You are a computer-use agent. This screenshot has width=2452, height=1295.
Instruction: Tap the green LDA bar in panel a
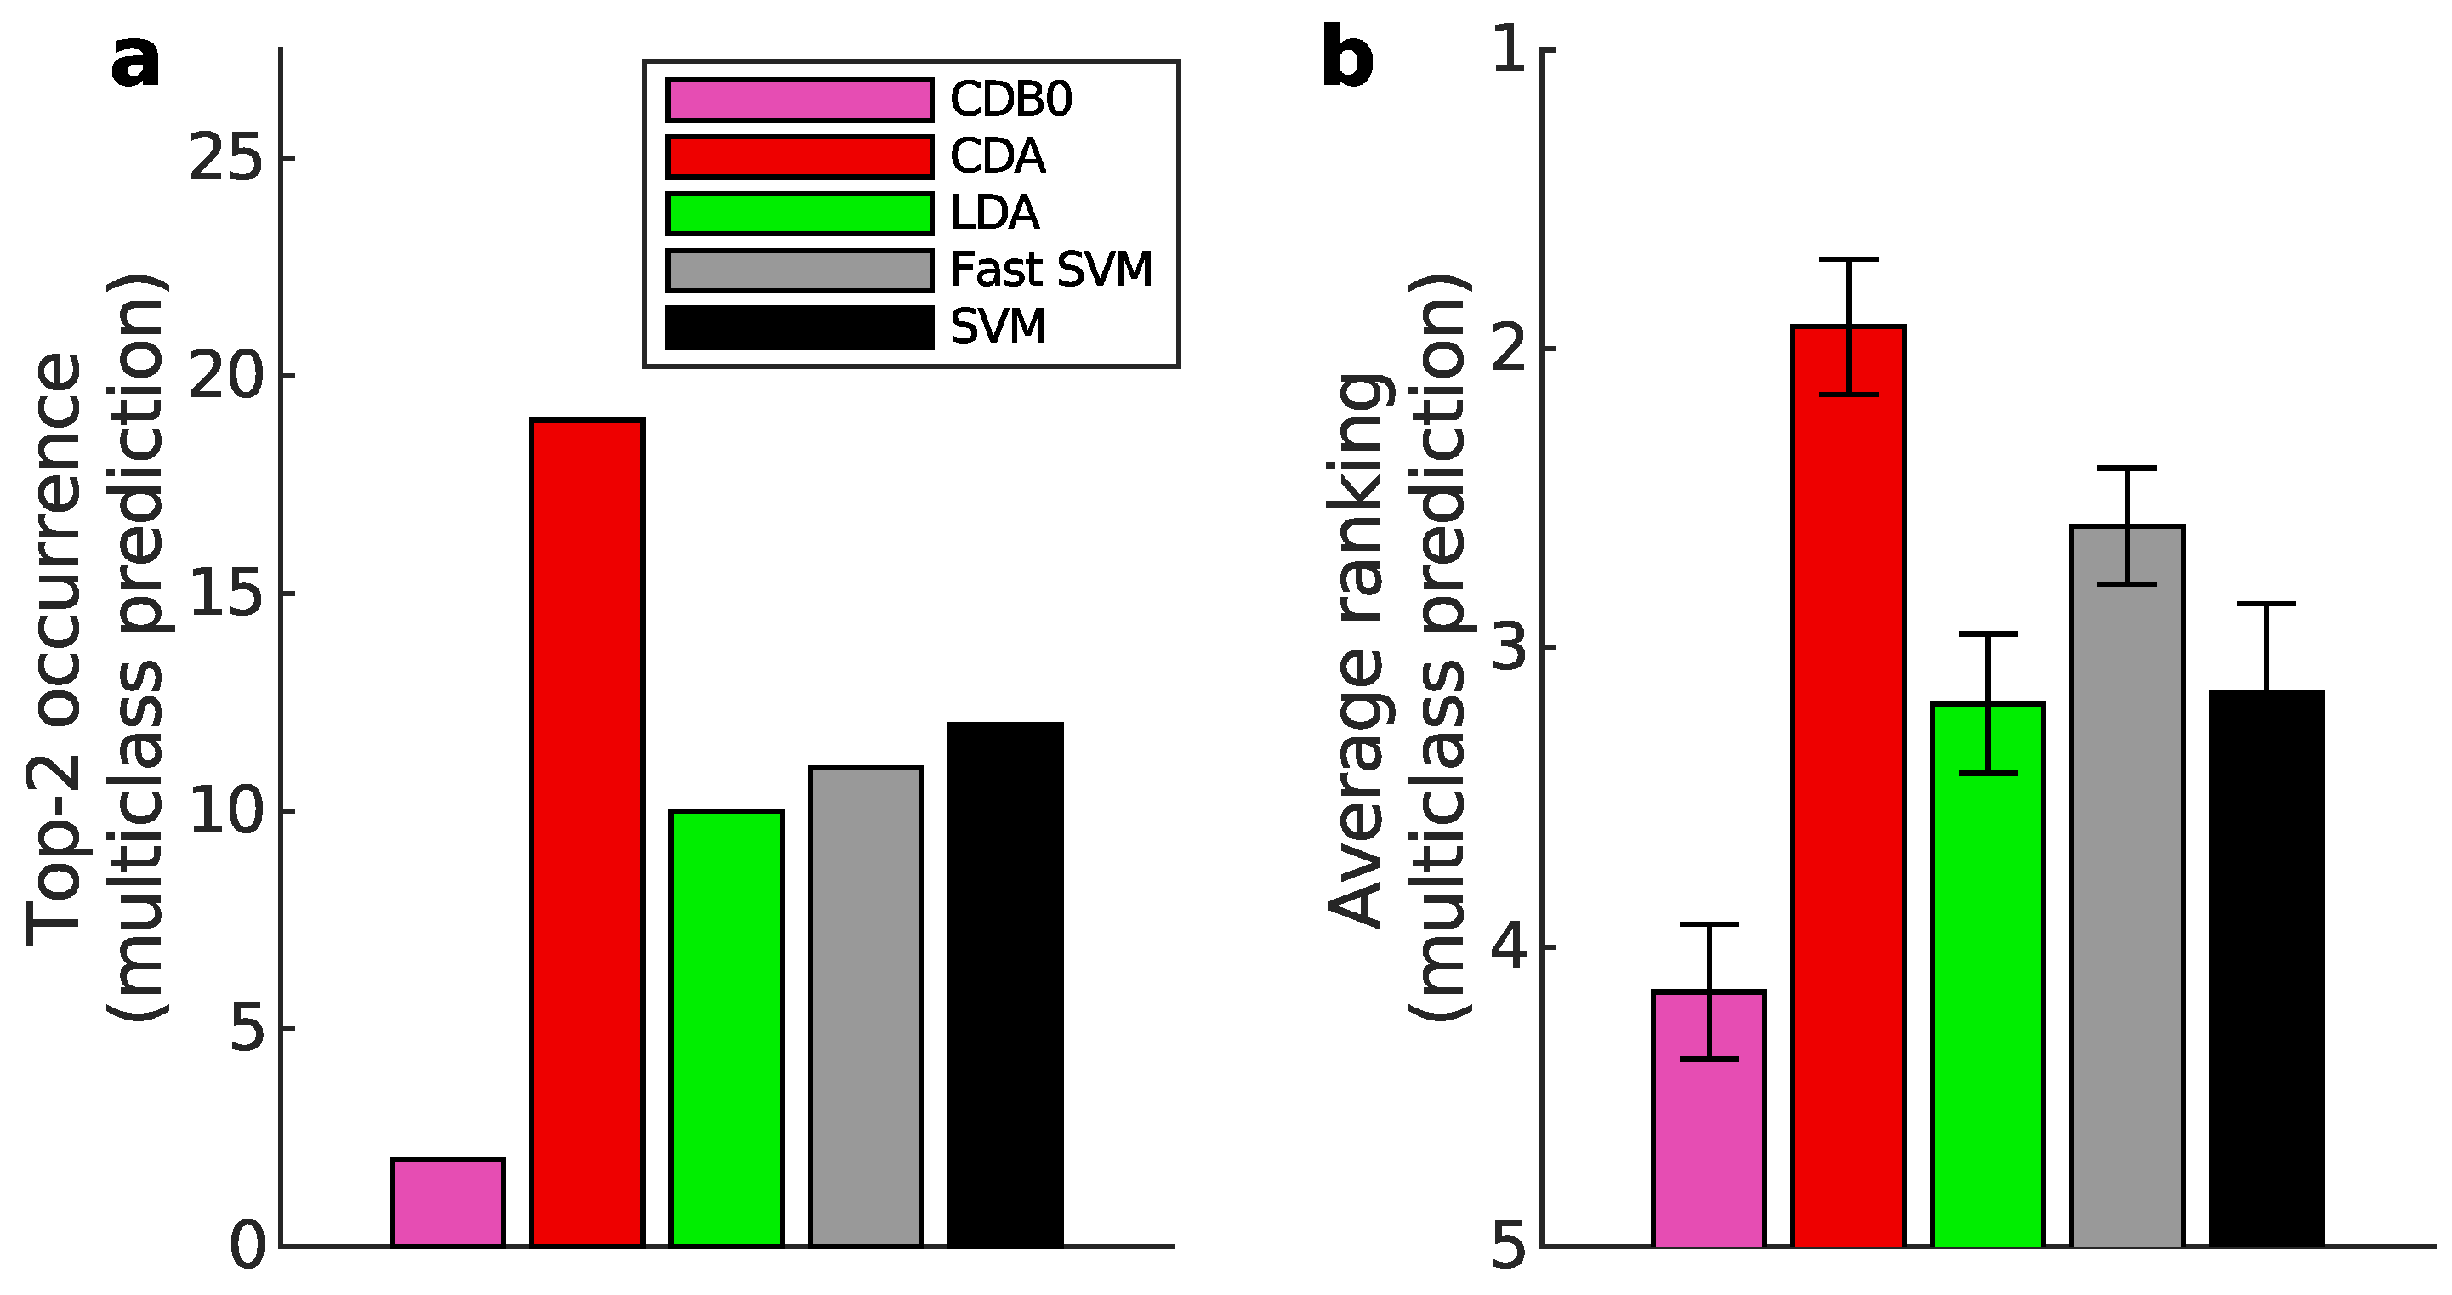[x=726, y=1028]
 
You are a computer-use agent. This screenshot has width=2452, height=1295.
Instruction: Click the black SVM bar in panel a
[x=1005, y=985]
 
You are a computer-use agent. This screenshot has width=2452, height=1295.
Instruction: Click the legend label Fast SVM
[x=1051, y=270]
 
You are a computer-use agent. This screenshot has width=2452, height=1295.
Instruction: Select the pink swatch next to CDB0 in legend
[x=799, y=99]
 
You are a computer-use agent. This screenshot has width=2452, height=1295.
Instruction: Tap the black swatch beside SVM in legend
[x=799, y=327]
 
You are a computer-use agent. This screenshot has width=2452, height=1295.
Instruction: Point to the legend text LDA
[x=995, y=213]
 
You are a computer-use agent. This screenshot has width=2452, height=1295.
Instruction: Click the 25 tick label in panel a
[x=225, y=158]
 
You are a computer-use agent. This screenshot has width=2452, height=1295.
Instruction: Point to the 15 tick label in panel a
[x=225, y=594]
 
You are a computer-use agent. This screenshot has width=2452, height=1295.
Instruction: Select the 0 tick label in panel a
[x=247, y=1247]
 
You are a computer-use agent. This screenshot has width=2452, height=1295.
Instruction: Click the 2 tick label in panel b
[x=1510, y=349]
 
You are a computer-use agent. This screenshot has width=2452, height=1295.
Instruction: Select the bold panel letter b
[x=1348, y=59]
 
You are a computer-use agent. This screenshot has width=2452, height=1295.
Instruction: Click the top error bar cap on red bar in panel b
[x=1848, y=258]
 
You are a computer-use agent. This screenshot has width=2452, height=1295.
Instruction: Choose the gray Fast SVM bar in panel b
[x=2126, y=885]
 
